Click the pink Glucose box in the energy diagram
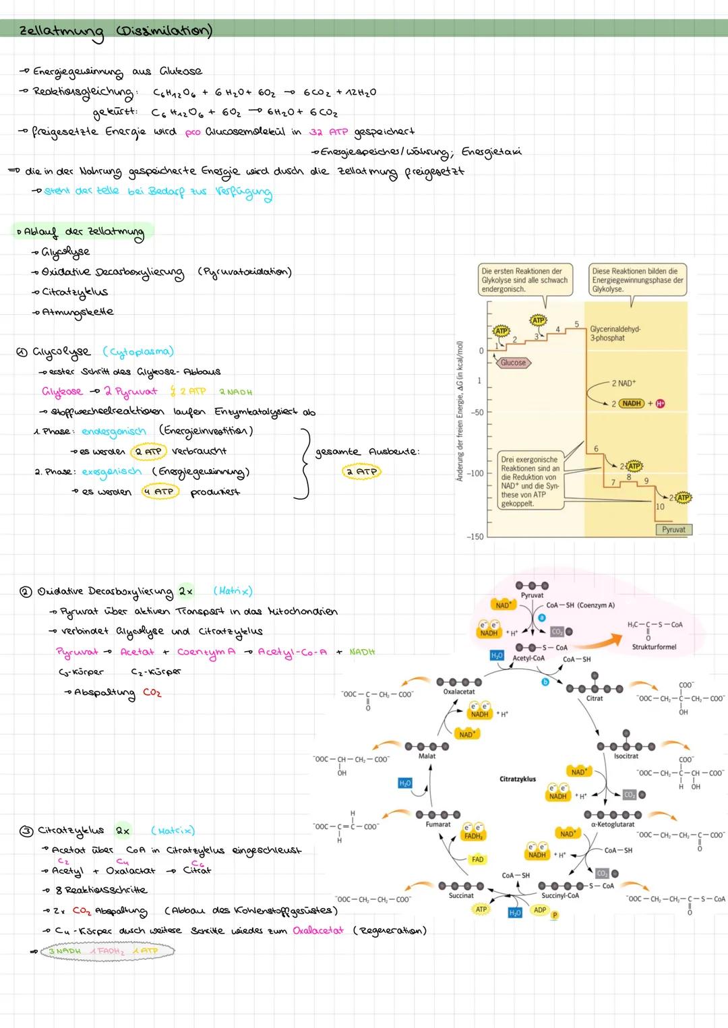pyautogui.click(x=513, y=363)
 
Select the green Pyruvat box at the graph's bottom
pyautogui.click(x=673, y=529)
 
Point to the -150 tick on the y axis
pyautogui.click(x=475, y=537)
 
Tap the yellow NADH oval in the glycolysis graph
pyautogui.click(x=632, y=403)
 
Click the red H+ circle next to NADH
pyautogui.click(x=660, y=403)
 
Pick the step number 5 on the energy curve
pyautogui.click(x=576, y=325)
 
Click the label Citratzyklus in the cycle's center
pyautogui.click(x=518, y=779)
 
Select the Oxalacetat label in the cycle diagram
pyautogui.click(x=458, y=692)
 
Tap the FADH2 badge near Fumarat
pyautogui.click(x=473, y=833)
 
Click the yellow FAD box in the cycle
pyautogui.click(x=477, y=859)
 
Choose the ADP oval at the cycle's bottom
pyautogui.click(x=540, y=909)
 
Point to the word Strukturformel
pyautogui.click(x=653, y=646)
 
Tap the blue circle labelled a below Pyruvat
pyautogui.click(x=542, y=617)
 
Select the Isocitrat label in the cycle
pyautogui.click(x=626, y=756)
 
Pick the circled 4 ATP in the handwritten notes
pyautogui.click(x=158, y=491)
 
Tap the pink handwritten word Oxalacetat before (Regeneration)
pyautogui.click(x=317, y=930)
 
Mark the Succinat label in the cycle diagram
pyautogui.click(x=461, y=895)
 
